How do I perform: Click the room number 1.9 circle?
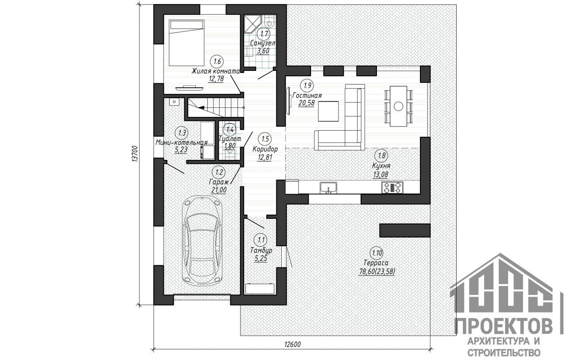(x=307, y=85)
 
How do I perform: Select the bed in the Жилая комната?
(x=186, y=43)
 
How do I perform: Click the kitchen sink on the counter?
(x=328, y=188)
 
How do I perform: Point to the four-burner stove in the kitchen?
(x=392, y=187)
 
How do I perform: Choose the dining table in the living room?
(x=398, y=106)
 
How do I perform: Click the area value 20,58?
(x=306, y=103)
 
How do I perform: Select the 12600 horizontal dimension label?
(x=292, y=345)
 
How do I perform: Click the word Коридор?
(x=265, y=149)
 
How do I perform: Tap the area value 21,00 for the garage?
(x=219, y=190)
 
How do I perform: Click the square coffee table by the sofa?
(x=328, y=111)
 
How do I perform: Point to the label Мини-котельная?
(x=182, y=142)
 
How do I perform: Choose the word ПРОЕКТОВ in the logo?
(x=504, y=326)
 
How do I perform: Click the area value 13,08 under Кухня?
(x=381, y=174)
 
